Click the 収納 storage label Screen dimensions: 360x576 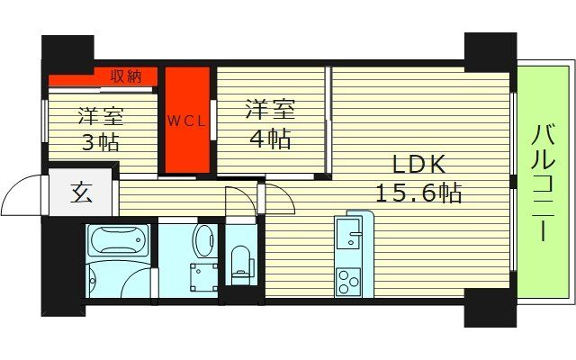coord(126,76)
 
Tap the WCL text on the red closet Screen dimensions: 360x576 coord(186,119)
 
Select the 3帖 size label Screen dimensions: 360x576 coord(100,142)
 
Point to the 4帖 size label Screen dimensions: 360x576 coord(271,139)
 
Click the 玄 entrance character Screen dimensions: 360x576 coord(80,193)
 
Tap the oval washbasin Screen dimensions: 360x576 coord(204,240)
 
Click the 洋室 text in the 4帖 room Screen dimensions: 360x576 coord(271,111)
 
